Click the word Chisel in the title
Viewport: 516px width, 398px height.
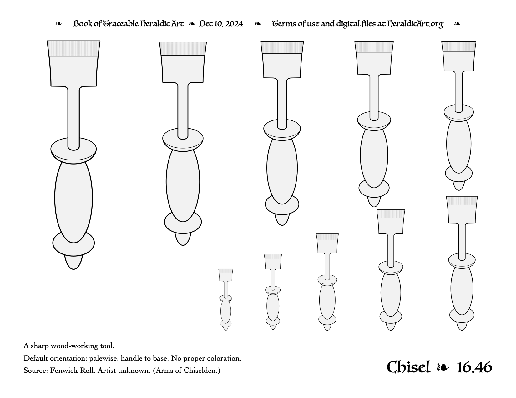[409, 367]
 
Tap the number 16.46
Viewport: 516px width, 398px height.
[474, 367]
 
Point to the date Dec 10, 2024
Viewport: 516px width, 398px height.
[221, 24]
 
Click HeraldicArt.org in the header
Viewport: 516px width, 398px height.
[415, 24]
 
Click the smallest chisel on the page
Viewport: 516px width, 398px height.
[225, 299]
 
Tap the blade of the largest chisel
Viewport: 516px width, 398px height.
[73, 63]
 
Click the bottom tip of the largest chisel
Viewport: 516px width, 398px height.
[73, 269]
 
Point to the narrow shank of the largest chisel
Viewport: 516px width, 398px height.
[73, 118]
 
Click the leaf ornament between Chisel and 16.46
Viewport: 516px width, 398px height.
[443, 368]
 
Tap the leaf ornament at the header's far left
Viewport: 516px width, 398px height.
[58, 24]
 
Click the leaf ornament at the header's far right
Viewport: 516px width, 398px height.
[457, 24]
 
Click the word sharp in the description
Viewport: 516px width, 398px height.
[40, 346]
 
